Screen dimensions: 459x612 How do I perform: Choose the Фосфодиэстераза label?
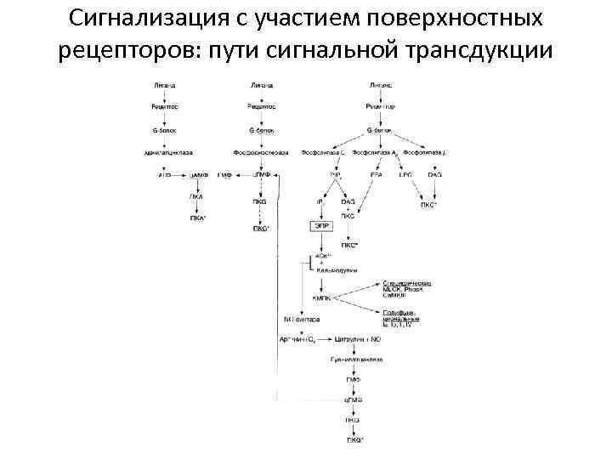coord(262,152)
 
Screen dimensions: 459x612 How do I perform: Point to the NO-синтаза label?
coord(301,320)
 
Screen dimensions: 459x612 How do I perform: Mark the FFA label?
coord(376,174)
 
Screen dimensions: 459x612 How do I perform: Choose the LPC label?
coord(405,174)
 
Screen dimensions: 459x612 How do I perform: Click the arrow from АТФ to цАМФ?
coord(178,174)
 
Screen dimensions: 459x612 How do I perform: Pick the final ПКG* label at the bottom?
coord(354,439)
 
